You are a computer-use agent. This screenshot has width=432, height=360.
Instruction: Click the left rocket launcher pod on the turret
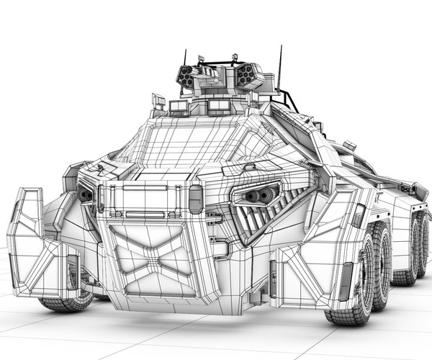[x=186, y=74]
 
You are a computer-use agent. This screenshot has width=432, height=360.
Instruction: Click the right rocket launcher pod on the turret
[x=246, y=73]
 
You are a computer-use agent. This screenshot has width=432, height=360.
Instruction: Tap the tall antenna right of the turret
[x=279, y=68]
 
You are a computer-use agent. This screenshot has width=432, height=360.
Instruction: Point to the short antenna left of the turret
[x=185, y=58]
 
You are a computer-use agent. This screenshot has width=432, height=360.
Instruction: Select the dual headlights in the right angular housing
[x=261, y=195]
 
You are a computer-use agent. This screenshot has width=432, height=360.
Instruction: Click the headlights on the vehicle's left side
[x=86, y=195]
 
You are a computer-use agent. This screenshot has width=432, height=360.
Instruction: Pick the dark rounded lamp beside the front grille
[x=195, y=199]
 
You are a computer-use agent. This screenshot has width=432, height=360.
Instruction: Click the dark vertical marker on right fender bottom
[x=347, y=280]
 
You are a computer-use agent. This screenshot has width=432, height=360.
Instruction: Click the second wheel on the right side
[x=382, y=259]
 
